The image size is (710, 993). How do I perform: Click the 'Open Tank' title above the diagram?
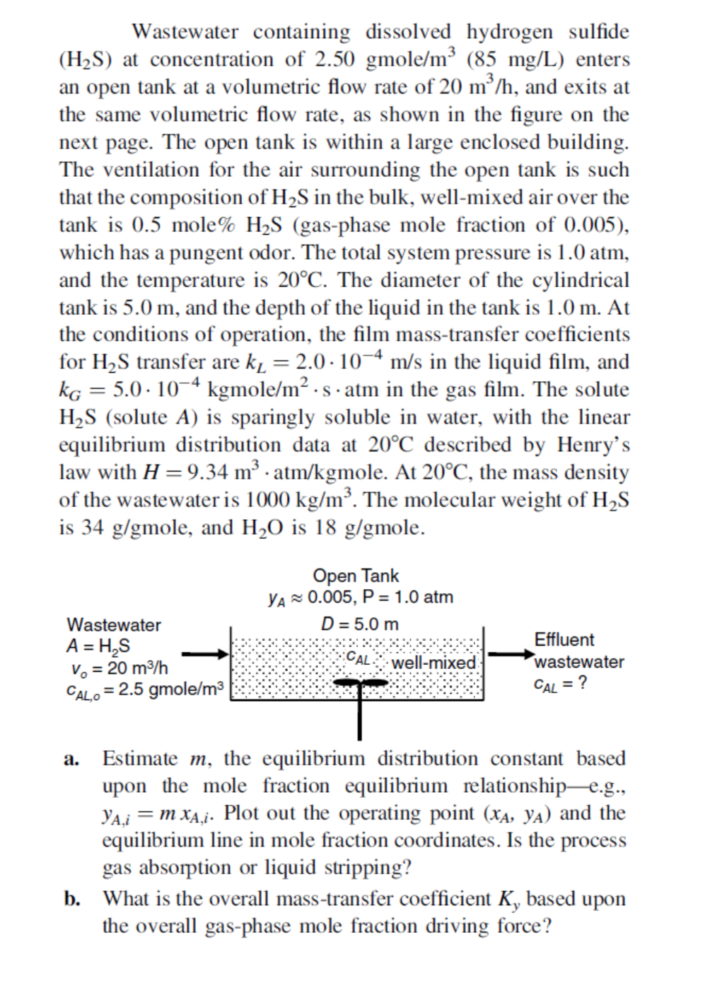tap(355, 576)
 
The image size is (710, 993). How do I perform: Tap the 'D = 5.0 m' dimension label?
tap(359, 625)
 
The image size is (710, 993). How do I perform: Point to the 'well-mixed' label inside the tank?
tap(433, 663)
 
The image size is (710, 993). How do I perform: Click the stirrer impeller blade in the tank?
tap(360, 683)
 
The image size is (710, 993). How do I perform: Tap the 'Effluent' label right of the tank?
tap(564, 639)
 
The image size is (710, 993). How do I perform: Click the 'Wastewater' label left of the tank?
tap(113, 625)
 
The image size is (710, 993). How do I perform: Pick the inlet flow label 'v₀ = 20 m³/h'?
tap(118, 668)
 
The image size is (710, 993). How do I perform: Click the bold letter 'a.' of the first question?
tap(71, 760)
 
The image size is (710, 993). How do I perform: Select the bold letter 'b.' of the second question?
tap(72, 899)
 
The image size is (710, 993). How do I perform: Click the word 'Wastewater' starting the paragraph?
tap(185, 32)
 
